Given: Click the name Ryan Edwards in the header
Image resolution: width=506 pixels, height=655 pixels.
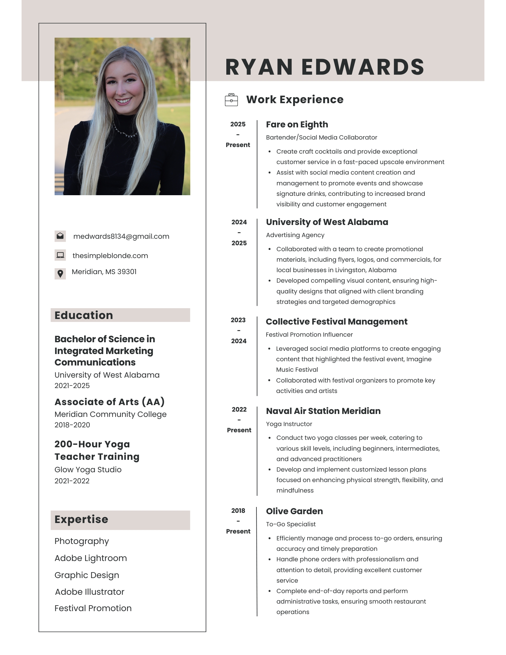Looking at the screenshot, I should click(325, 67).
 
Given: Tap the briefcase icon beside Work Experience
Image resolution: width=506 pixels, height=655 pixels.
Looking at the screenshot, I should click(231, 100).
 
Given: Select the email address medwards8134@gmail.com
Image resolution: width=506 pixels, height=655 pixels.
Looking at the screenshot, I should click(121, 236).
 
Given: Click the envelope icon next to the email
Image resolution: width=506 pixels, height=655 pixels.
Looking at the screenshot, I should click(60, 236).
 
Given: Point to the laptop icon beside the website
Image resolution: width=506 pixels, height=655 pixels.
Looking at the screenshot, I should click(60, 255).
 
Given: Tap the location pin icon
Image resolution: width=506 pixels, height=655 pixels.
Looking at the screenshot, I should click(60, 273).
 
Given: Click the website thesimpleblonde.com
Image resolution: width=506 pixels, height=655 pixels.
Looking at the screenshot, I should click(110, 256).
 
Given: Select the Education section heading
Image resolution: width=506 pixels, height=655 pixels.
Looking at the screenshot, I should click(84, 315).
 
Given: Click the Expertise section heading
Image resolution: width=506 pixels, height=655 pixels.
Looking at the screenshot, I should click(81, 519).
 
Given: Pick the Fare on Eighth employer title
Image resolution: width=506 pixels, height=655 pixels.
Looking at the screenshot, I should click(297, 124).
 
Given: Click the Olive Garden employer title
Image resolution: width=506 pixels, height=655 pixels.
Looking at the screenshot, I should click(294, 511).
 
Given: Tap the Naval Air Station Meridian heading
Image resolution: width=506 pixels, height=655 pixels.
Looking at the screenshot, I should click(323, 411).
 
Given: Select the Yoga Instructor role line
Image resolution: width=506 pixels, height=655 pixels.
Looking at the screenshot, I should click(289, 424).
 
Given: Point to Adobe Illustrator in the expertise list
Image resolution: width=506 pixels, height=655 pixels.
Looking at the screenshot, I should click(89, 592).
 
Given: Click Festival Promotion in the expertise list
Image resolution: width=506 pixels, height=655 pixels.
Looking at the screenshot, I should click(93, 608).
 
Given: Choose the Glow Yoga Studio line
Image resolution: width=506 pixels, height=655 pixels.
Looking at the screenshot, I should click(88, 470).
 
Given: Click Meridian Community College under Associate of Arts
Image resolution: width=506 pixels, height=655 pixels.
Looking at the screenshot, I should click(110, 414).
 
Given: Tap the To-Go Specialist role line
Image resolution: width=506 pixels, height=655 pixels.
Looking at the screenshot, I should click(290, 524).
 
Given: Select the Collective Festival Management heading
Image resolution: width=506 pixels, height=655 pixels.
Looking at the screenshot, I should click(336, 322).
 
